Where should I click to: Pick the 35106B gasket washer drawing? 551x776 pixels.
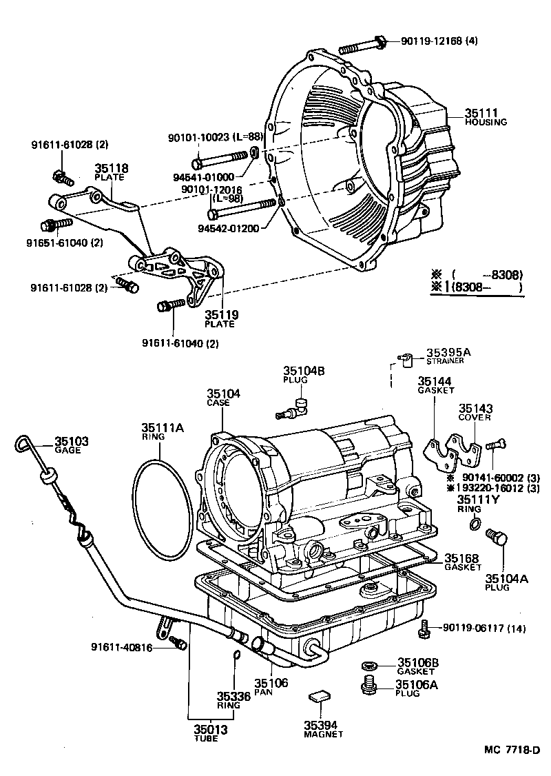pos(369,666)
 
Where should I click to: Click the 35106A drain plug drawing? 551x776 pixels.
pos(369,685)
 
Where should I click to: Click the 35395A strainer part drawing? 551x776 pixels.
pos(405,358)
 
